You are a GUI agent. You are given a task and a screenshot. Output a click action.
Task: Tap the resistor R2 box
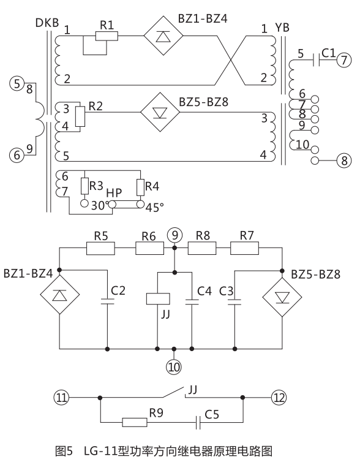[79, 116]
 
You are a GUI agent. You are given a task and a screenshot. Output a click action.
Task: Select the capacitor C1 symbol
[315, 61]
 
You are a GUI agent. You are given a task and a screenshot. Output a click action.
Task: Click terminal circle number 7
[345, 61]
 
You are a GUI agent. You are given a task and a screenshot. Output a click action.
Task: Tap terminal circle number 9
[174, 234]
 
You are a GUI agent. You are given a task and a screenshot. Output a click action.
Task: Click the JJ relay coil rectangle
[157, 298]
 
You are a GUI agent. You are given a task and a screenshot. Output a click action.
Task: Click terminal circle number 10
[174, 367]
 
